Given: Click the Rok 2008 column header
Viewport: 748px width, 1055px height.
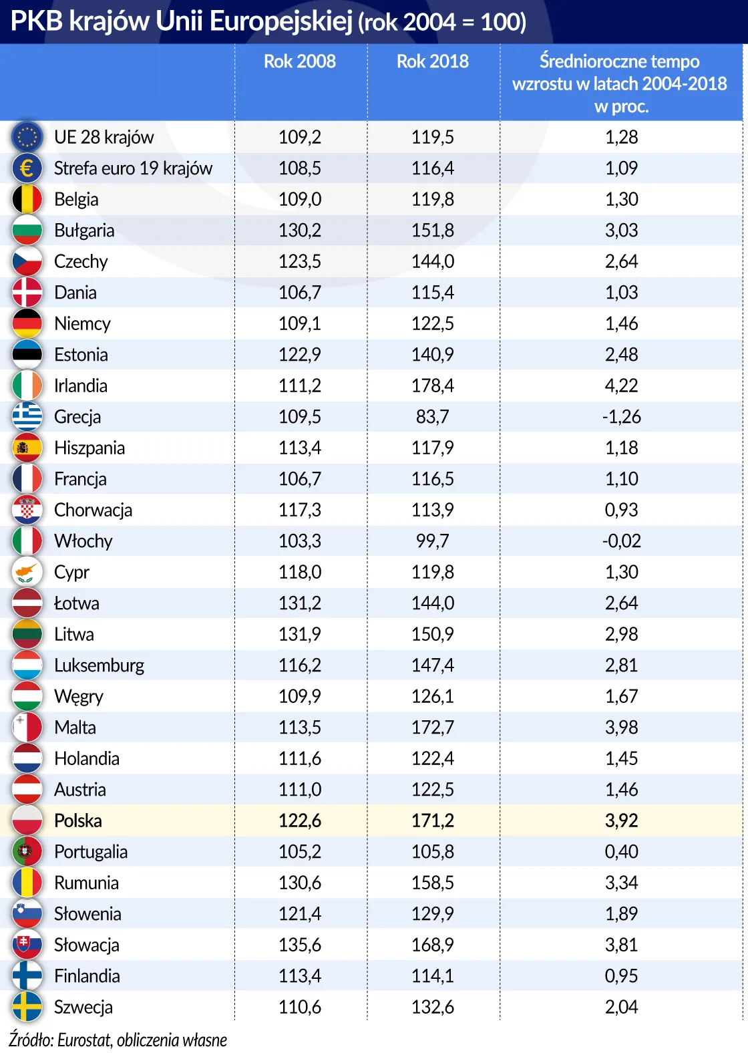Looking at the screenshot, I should (x=299, y=61).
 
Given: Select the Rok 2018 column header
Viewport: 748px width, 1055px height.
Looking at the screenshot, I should (x=432, y=61).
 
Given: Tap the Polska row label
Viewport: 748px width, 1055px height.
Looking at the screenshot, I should (x=78, y=820).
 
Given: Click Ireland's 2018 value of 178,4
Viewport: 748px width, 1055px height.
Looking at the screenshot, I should (x=432, y=386).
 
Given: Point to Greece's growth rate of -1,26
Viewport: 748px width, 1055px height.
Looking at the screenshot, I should (x=621, y=417).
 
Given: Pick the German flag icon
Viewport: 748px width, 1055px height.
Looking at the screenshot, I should (x=27, y=324).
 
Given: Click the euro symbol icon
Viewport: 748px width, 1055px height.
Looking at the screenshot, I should (x=27, y=168).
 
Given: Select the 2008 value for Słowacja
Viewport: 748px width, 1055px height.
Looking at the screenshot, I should (x=299, y=945).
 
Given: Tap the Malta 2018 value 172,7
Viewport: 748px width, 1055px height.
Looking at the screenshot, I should (x=432, y=727).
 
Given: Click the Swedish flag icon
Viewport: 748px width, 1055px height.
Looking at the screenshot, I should (x=27, y=1007).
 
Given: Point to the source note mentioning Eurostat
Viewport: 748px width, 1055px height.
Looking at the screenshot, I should (x=118, y=1040).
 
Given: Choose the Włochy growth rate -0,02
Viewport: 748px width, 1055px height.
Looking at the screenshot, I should (x=621, y=541).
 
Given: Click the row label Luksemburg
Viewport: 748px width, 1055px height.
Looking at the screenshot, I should (x=99, y=665).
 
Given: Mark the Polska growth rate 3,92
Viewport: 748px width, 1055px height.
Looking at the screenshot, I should (x=621, y=820).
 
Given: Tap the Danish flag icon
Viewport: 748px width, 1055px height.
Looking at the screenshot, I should (x=27, y=293).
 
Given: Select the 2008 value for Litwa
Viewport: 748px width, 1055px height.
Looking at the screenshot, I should (x=299, y=634).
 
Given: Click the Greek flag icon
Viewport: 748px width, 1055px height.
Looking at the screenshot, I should (x=27, y=417).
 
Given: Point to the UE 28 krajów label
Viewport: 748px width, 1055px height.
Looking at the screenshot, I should (x=104, y=137).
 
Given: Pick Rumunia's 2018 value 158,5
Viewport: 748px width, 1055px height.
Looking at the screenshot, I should (x=432, y=883).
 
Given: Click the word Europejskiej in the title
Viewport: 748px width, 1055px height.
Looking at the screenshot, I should (x=281, y=21).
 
